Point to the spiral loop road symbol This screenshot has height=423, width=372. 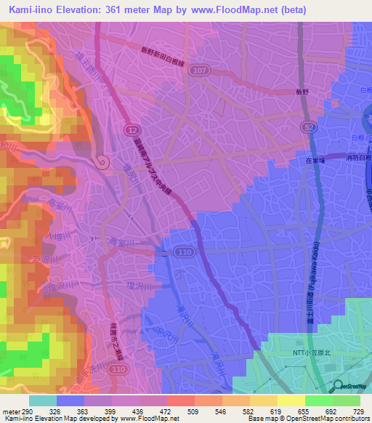click(x=102, y=161)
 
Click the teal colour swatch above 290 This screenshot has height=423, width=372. click(x=43, y=400)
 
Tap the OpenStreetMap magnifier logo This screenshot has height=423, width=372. click(x=340, y=387)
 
